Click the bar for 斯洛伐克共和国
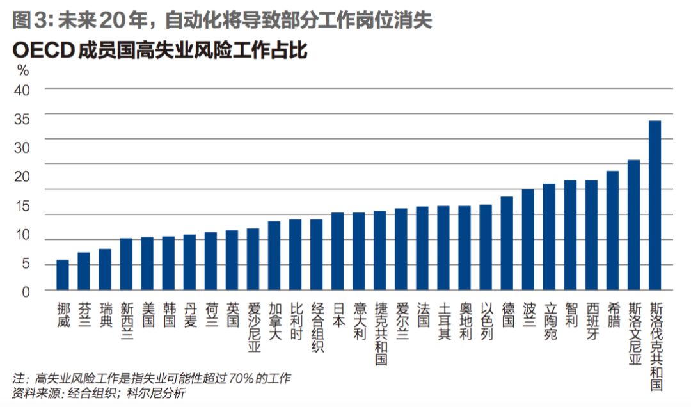coord(655,205)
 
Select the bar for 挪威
coord(63,275)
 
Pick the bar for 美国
coord(147,264)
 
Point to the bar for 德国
coord(507,243)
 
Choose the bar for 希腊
coord(612,230)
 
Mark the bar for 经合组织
coord(317,255)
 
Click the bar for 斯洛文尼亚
coord(633,225)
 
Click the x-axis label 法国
coord(422,314)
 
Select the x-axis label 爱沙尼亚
coord(253,327)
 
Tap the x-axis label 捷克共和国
coord(380,333)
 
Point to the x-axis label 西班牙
coord(592,320)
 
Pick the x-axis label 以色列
coord(486,320)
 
